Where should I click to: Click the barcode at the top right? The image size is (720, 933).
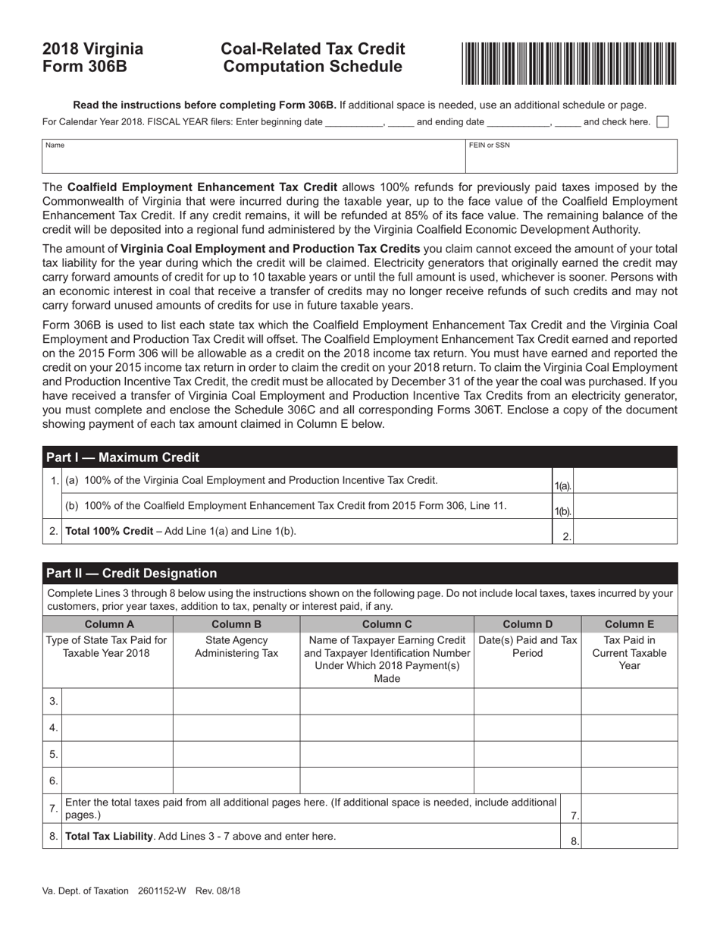(569, 63)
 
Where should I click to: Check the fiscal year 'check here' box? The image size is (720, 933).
(662, 121)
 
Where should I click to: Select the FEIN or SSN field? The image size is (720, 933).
(571, 157)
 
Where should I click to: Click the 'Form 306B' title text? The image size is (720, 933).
(84, 67)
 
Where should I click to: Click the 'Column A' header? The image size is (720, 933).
(109, 624)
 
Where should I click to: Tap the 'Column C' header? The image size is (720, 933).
(387, 624)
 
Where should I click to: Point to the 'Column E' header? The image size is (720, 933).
(629, 624)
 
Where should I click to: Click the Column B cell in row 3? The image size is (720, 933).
(236, 702)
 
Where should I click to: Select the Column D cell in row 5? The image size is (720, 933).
(527, 754)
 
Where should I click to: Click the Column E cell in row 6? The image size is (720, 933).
(629, 780)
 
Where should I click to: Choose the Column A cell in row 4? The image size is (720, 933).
(117, 727)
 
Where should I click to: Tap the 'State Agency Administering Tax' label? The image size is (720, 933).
(236, 647)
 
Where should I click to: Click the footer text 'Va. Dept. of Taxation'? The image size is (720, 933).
(85, 891)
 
